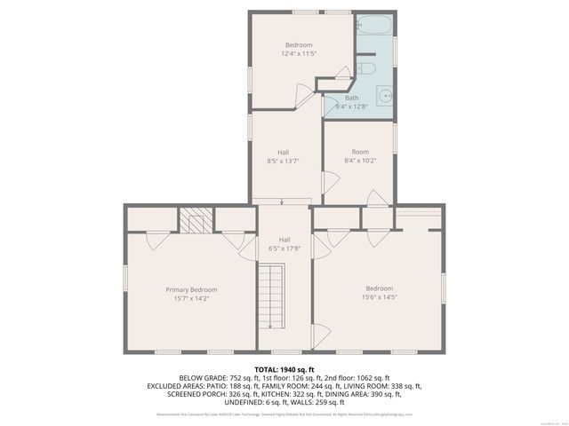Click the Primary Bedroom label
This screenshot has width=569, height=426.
click(x=191, y=289)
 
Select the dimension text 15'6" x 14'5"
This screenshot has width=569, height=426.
click(x=380, y=297)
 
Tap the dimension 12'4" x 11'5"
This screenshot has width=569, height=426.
click(x=299, y=54)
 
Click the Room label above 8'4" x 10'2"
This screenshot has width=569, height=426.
click(x=360, y=152)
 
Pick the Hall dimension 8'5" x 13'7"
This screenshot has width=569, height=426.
click(x=284, y=162)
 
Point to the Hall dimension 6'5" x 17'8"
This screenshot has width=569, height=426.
click(x=284, y=248)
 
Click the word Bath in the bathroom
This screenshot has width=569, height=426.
click(x=352, y=98)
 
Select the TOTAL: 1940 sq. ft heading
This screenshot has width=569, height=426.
click(x=284, y=368)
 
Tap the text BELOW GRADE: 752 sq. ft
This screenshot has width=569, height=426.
click(x=217, y=377)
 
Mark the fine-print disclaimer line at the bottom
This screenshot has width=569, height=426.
click(x=284, y=414)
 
